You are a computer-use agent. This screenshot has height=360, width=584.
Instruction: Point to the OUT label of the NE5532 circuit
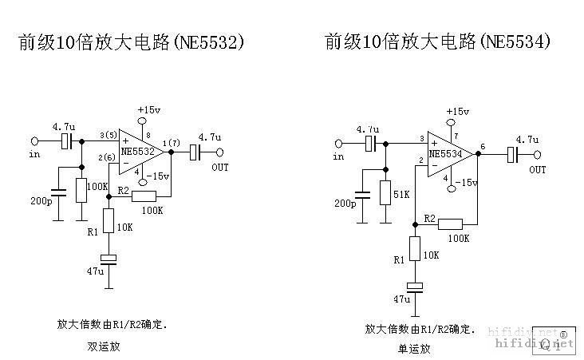pyautogui.click(x=219, y=168)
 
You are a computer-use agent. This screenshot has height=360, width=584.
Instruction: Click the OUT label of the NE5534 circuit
pyautogui.click(x=539, y=170)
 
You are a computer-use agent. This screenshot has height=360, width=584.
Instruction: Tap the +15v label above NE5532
pyautogui.click(x=148, y=109)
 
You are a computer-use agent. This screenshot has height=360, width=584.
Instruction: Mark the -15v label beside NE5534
pyautogui.click(x=465, y=183)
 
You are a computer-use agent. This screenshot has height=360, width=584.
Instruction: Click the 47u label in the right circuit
pyautogui.click(x=401, y=299)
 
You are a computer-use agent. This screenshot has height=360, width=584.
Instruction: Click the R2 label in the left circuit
pyautogui.click(x=123, y=191)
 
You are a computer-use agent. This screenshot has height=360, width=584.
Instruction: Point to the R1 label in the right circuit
pyautogui.click(x=398, y=260)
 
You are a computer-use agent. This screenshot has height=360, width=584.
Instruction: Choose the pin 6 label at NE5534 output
pyautogui.click(x=483, y=146)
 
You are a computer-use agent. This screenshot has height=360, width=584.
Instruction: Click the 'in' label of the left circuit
pyautogui.click(x=34, y=155)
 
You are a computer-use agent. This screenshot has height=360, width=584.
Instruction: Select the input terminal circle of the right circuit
pyautogui.click(x=338, y=144)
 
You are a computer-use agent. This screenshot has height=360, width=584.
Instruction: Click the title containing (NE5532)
pyautogui.click(x=130, y=42)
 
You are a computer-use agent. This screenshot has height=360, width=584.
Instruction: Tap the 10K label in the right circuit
pyautogui.click(x=432, y=255)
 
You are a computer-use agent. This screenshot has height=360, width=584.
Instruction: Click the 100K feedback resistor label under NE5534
pyautogui.click(x=458, y=238)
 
